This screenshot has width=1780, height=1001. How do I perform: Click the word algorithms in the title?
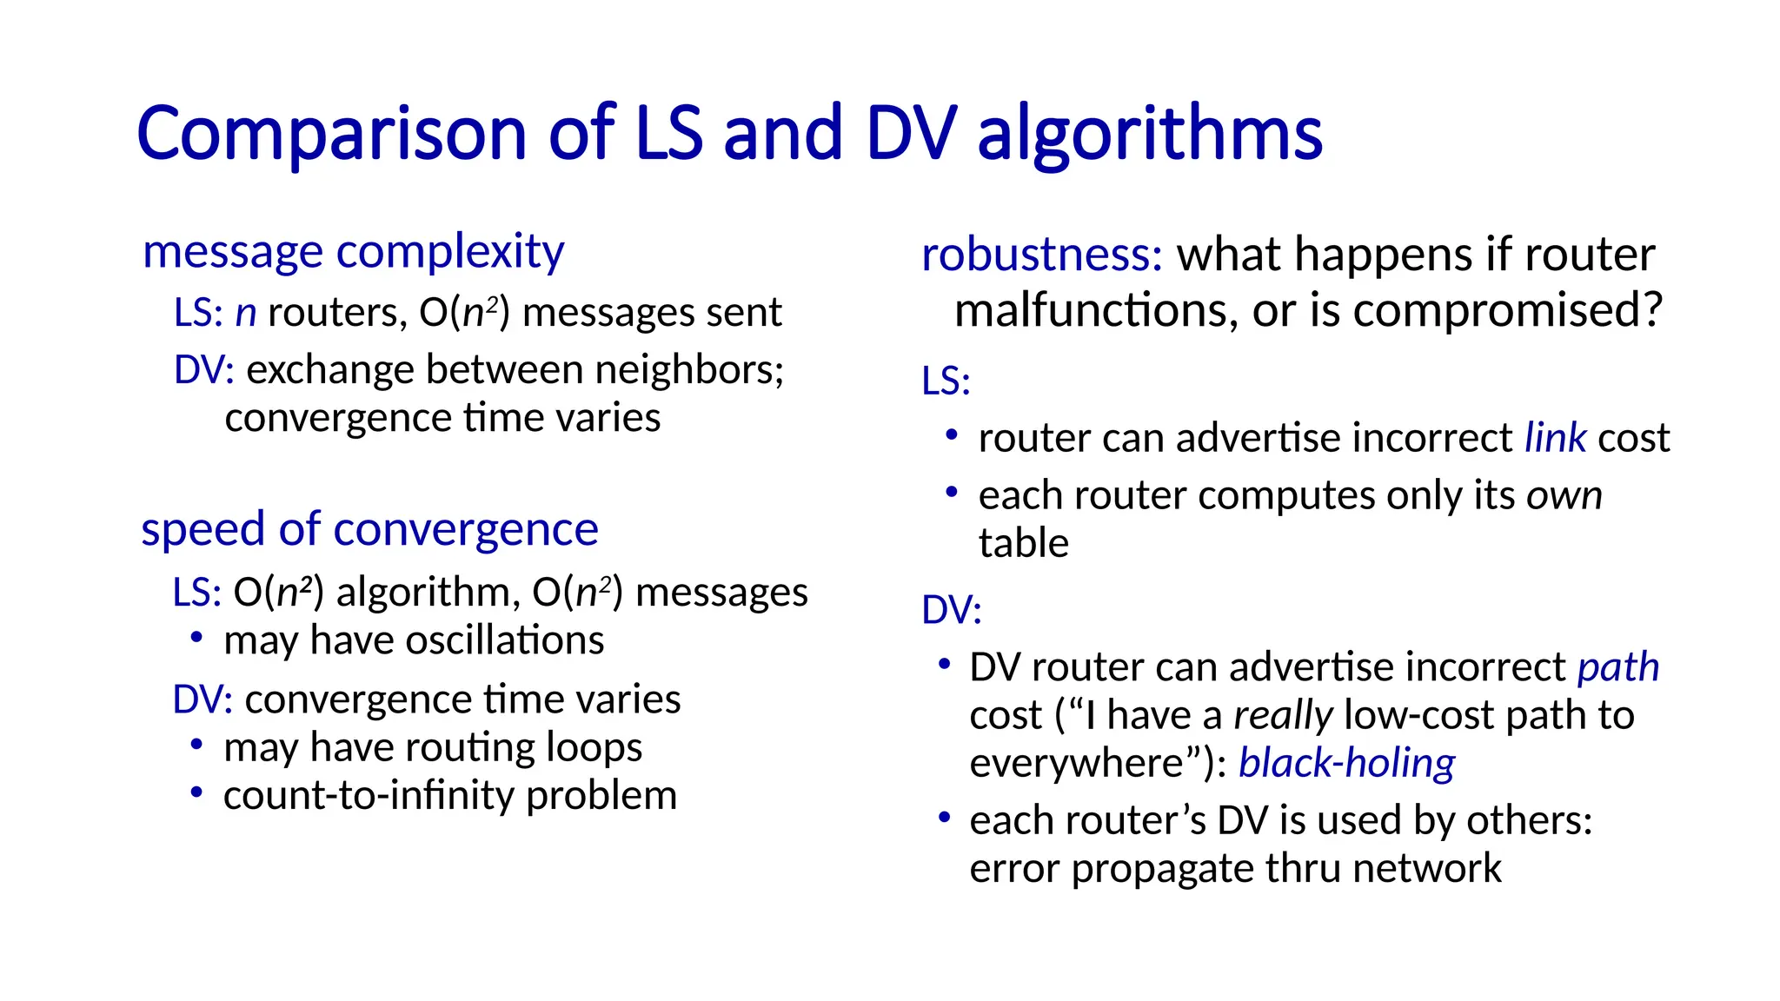tap(1149, 135)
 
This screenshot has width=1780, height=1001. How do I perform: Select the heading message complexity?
tap(353, 252)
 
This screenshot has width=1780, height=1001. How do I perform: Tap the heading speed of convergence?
tap(369, 529)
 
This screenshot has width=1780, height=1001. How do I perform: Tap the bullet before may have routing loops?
tap(197, 745)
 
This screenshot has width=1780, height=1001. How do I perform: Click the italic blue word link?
tap(1555, 438)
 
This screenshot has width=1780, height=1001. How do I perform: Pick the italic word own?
tap(1564, 495)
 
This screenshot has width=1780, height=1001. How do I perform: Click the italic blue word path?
tap(1617, 667)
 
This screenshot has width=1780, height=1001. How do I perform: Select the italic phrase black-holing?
tap(1346, 764)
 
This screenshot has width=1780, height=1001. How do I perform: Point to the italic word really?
tap(1282, 716)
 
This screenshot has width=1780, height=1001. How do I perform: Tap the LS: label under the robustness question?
tap(946, 381)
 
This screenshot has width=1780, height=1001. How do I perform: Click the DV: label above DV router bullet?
tap(951, 610)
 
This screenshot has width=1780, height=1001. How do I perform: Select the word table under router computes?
tap(1023, 544)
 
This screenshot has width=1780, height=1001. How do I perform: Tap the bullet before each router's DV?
tap(945, 818)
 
